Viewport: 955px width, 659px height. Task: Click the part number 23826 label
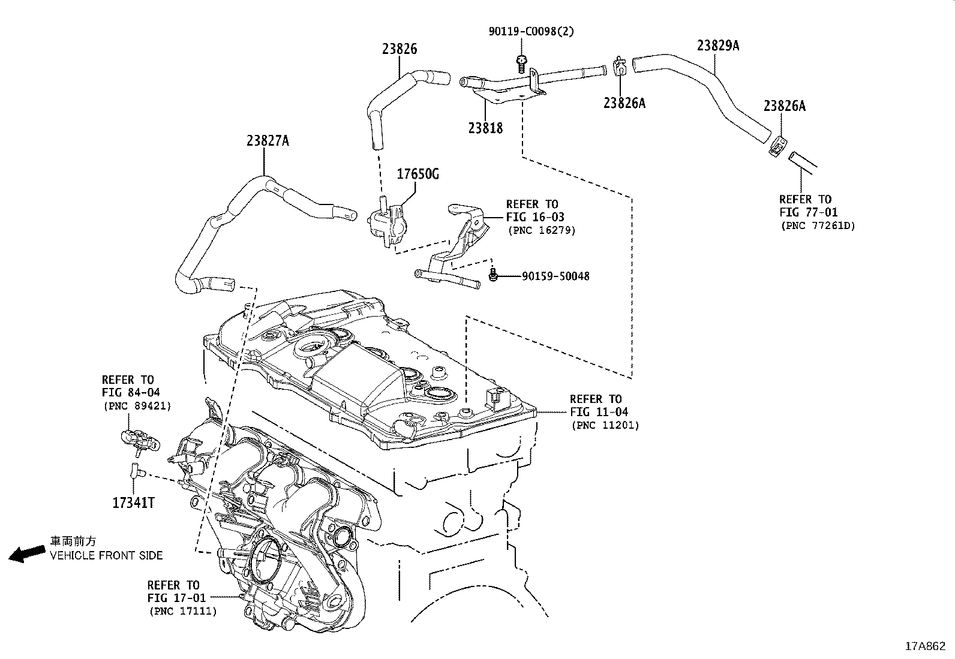tap(400, 49)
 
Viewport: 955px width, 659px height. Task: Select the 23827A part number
tap(268, 141)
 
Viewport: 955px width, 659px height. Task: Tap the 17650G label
tap(418, 174)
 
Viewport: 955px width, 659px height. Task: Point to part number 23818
tap(485, 128)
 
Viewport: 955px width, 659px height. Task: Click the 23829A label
tap(718, 46)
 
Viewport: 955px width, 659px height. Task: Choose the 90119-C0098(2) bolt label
tap(530, 31)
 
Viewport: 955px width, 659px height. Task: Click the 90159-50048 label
tap(555, 276)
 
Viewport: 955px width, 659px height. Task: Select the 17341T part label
tap(133, 502)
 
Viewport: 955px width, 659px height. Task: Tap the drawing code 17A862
tap(925, 646)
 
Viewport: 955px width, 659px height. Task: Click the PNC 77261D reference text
tap(818, 226)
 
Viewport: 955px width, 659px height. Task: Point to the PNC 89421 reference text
tap(137, 406)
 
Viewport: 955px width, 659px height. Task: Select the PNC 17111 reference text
tap(183, 611)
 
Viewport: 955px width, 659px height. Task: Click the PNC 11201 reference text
tap(605, 425)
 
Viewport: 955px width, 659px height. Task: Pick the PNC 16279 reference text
tap(541, 230)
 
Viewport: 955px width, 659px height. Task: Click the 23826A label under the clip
tap(624, 103)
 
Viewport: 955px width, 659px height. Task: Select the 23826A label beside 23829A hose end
tap(784, 106)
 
